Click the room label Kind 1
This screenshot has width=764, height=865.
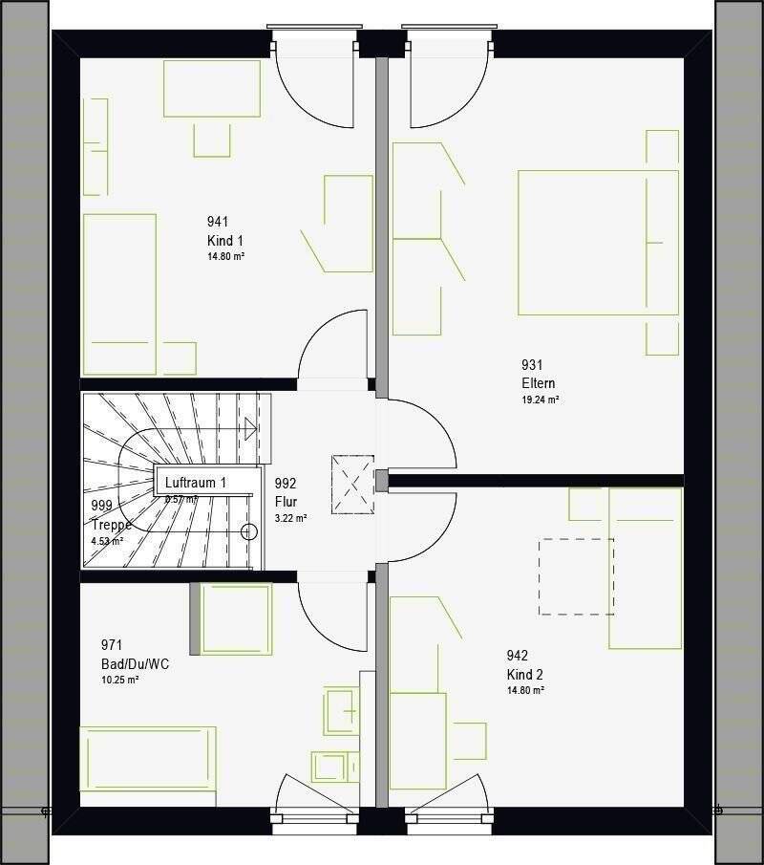point(225,241)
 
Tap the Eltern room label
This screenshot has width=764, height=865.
point(538,383)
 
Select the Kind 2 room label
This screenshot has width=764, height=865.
point(524,674)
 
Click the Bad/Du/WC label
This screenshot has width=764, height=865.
point(135,663)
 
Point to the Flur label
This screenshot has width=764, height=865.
point(286,501)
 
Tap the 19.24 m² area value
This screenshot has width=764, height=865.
point(540,400)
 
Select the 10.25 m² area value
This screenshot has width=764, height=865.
point(120,680)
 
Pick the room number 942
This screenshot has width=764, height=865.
point(517,656)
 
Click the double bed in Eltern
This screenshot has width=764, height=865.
point(598,242)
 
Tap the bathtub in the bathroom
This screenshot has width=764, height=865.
point(148,759)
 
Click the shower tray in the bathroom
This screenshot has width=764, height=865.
point(232,618)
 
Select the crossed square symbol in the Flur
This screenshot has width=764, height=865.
point(352,485)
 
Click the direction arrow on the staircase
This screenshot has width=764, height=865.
point(250,427)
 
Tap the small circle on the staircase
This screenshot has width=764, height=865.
point(250,531)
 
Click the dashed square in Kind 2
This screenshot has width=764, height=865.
point(576,576)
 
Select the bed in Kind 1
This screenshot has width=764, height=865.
point(119,293)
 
